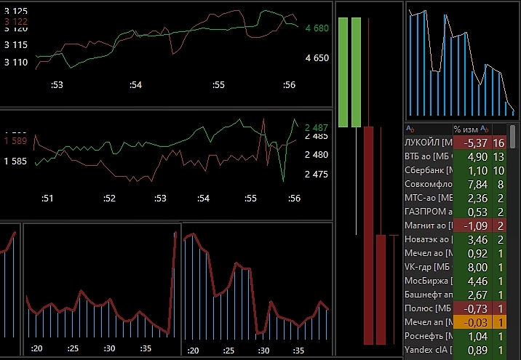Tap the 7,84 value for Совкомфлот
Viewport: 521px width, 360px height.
(x=475, y=184)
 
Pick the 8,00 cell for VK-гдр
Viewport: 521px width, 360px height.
(x=475, y=267)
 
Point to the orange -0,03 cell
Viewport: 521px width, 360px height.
(x=474, y=322)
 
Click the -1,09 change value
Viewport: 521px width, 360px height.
(x=474, y=225)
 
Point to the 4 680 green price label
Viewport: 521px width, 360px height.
(x=317, y=28)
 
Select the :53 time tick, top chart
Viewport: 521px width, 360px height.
(x=57, y=85)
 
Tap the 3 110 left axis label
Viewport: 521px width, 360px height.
(x=16, y=63)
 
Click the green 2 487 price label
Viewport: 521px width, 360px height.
(x=317, y=127)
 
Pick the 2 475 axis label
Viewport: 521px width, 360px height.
(x=317, y=174)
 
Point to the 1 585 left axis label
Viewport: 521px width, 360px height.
(x=16, y=161)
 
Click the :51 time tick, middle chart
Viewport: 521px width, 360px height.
(x=48, y=198)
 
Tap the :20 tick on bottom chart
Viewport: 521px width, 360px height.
(x=37, y=349)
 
